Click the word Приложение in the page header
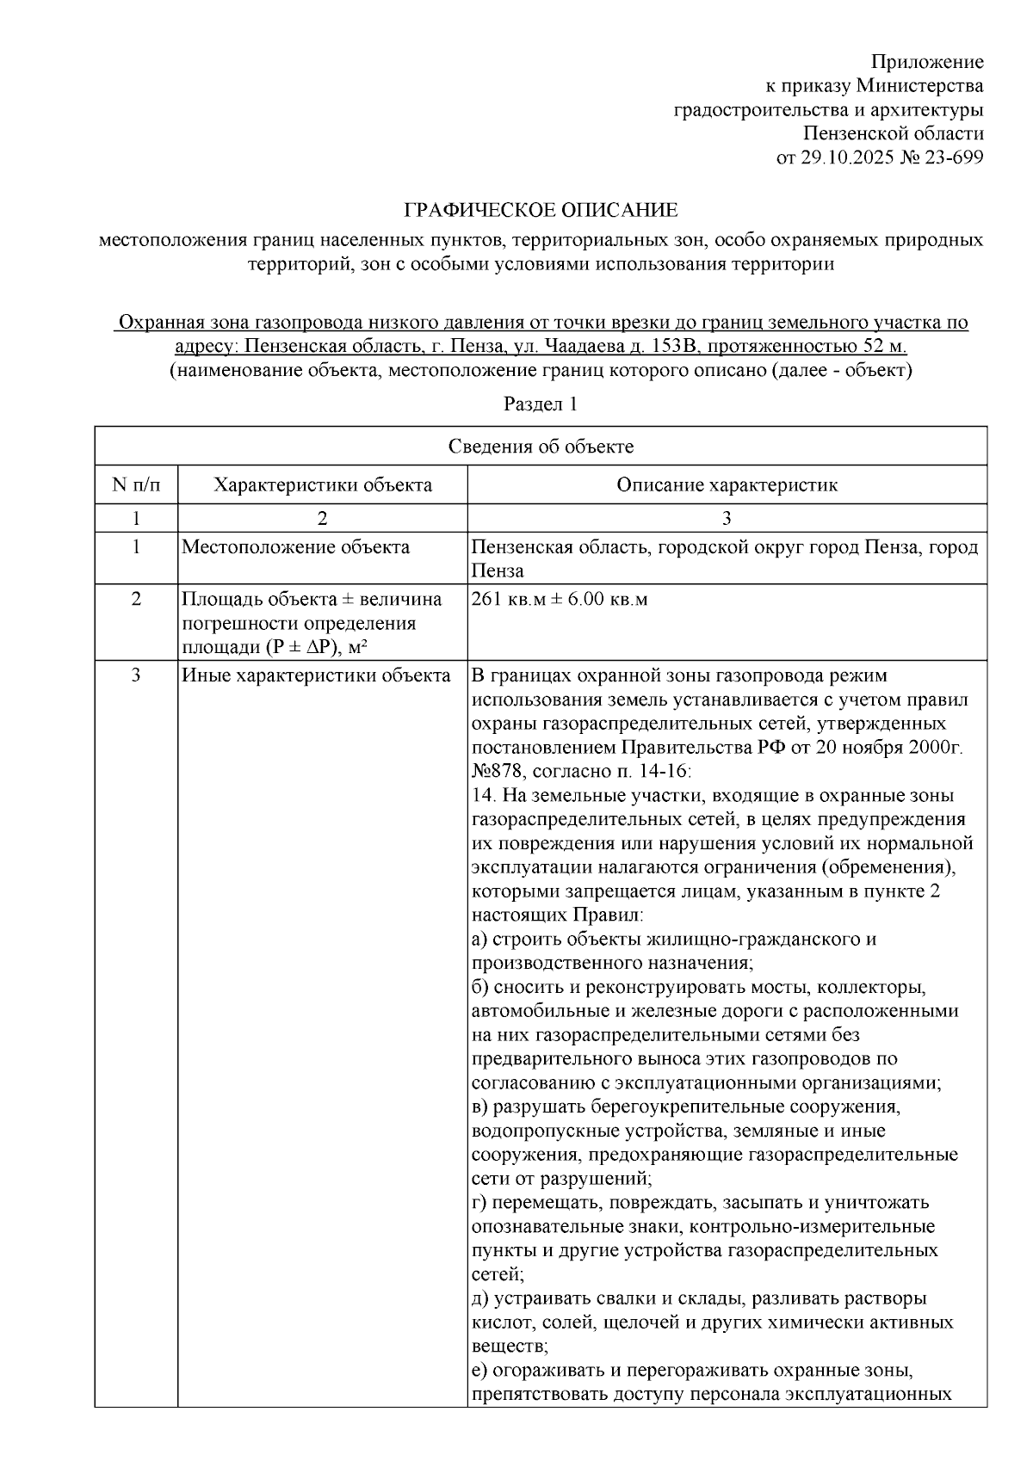coord(926,62)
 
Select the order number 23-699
coord(954,157)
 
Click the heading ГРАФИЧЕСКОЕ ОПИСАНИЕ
coord(541,210)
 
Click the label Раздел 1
coord(541,404)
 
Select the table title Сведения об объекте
coord(541,447)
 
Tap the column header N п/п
coord(136,485)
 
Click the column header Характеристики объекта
coord(323,485)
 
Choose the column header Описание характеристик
coord(727,485)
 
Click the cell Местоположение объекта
coord(295,548)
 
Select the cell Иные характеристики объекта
coord(316,675)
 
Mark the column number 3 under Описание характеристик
coord(727,518)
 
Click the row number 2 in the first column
coord(136,599)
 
